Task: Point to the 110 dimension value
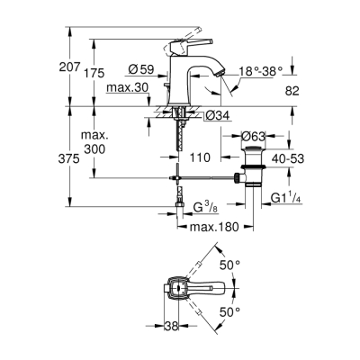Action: [199, 157]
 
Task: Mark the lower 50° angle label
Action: [232, 311]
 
